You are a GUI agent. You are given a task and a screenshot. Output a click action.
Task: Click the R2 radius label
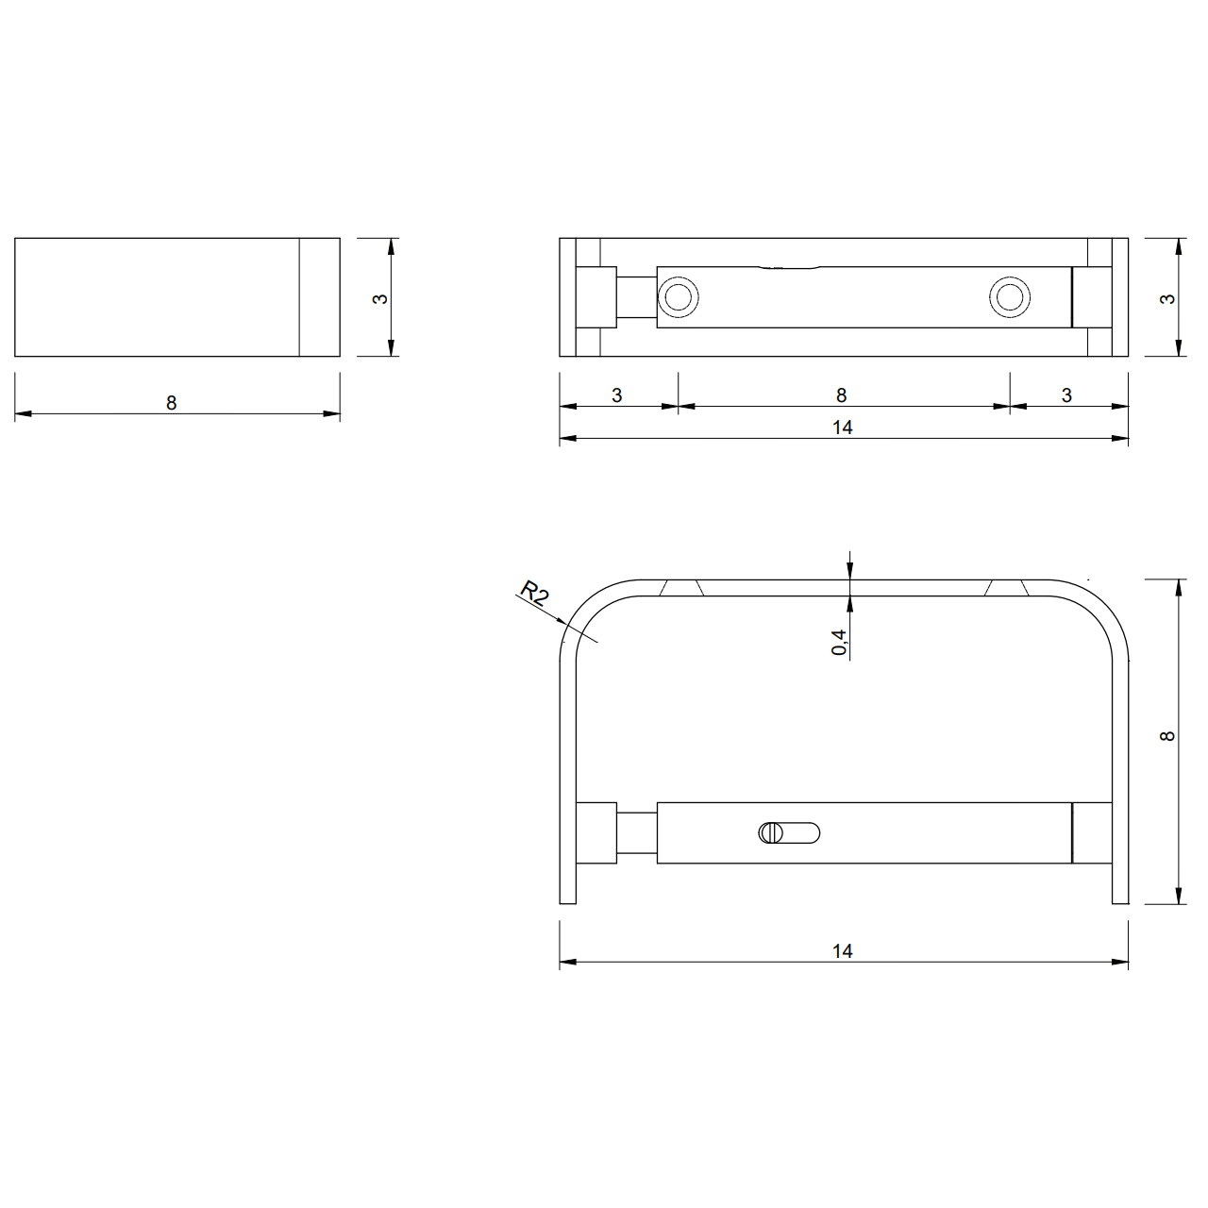pos(535,593)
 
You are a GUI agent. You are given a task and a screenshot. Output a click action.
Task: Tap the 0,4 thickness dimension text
pos(839,643)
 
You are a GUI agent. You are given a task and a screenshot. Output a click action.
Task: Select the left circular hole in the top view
pos(678,297)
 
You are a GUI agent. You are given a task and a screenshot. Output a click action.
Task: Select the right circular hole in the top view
pos(1009,297)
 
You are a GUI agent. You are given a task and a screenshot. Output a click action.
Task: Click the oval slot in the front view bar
pos(789,833)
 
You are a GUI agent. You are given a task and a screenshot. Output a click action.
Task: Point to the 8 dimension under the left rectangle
pos(171,403)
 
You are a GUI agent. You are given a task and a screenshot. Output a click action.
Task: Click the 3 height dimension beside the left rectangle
pos(380,299)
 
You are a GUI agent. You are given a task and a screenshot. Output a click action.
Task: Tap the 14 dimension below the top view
pos(843,428)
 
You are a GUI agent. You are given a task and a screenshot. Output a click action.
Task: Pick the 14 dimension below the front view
pos(843,951)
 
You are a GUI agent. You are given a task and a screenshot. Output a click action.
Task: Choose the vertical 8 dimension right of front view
pos(1166,736)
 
